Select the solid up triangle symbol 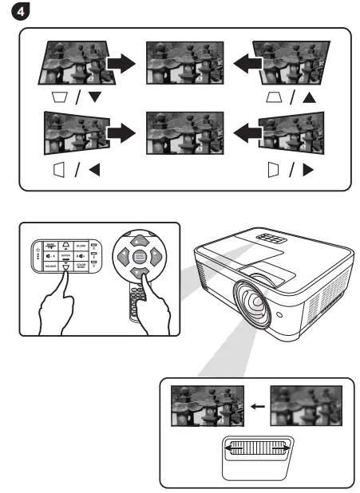point(309,97)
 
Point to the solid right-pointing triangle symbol point(308,170)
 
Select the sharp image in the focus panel point(206,406)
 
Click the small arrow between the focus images point(255,406)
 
